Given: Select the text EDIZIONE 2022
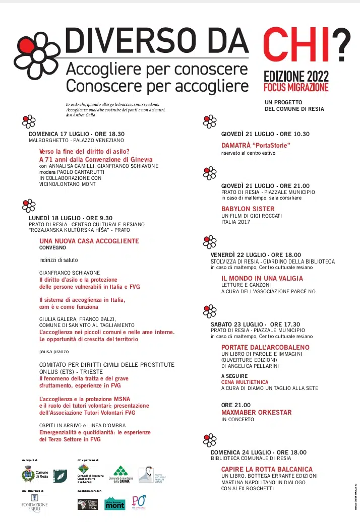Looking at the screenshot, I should tap(296, 77).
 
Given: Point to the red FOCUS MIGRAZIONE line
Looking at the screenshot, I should tap(296, 87).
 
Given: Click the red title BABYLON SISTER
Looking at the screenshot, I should tap(248, 209).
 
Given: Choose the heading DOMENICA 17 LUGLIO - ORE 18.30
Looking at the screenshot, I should tap(76, 134).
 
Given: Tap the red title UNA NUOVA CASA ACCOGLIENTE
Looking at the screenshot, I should tap(89, 241).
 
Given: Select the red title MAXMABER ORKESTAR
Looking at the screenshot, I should tap(256, 412).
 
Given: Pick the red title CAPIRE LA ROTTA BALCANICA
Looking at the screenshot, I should tap(267, 469).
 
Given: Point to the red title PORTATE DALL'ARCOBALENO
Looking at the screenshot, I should tap(265, 347).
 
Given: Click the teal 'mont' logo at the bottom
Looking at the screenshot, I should tap(114, 503).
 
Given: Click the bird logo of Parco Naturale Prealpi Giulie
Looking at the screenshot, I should tap(145, 474).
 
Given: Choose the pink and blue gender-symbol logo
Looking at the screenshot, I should tap(138, 502).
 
